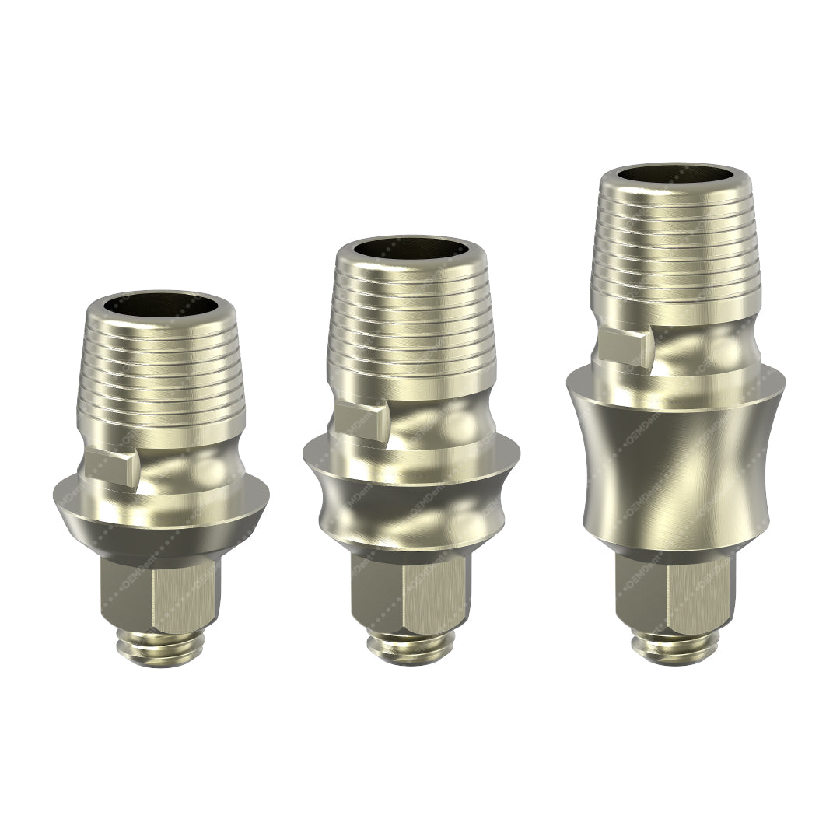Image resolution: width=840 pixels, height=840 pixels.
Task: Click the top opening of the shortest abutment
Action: coord(160,302)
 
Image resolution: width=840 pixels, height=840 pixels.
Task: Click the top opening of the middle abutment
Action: coord(411,247)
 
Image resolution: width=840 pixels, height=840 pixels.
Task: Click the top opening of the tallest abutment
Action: coord(675,174)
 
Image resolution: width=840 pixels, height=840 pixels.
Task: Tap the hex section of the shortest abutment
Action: coord(160,595)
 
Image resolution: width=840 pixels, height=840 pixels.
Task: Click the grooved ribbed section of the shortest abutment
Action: coord(160,381)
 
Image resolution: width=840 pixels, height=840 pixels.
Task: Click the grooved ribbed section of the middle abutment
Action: coord(411,327)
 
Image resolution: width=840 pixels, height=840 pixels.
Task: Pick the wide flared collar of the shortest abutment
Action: coord(160,509)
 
